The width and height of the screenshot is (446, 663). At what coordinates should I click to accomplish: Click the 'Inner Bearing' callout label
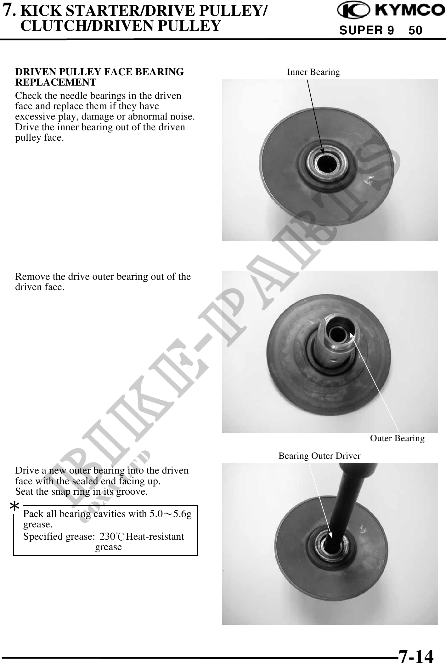pyautogui.click(x=313, y=72)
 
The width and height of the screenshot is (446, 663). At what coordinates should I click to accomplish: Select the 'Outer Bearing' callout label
pyautogui.click(x=397, y=438)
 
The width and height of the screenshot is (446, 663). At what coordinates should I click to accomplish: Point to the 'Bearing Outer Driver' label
pyautogui.click(x=319, y=456)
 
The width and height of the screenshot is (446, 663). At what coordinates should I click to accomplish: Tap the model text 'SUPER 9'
pyautogui.click(x=366, y=31)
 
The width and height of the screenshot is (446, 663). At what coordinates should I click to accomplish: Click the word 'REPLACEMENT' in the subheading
pyautogui.click(x=56, y=82)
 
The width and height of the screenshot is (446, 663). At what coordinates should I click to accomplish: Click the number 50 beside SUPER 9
pyautogui.click(x=415, y=31)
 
